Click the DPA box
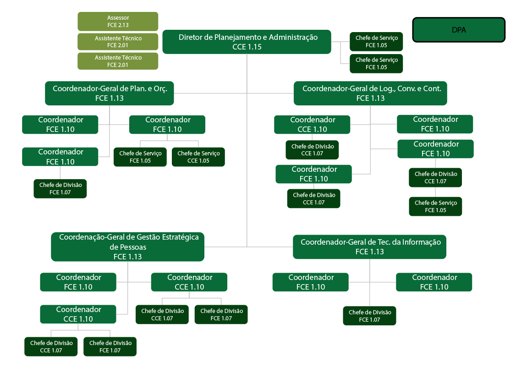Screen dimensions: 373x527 pyautogui.click(x=459, y=30)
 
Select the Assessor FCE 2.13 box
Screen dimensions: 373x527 pyautogui.click(x=118, y=22)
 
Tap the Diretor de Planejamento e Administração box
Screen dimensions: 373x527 pyautogui.click(x=247, y=42)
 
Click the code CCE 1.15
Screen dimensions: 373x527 pyautogui.click(x=247, y=47)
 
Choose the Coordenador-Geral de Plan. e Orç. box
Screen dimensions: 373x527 pyautogui.click(x=109, y=93)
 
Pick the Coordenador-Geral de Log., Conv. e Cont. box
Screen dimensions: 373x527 pyautogui.click(x=370, y=93)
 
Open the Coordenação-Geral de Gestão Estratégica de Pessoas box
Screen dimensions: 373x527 pyautogui.click(x=127, y=247)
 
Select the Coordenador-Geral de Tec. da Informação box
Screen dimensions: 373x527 pyautogui.click(x=369, y=247)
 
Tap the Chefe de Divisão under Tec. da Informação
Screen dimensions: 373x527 pyautogui.click(x=369, y=316)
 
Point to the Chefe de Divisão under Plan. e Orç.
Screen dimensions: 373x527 pyautogui.click(x=60, y=188)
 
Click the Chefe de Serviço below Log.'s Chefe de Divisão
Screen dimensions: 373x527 pyautogui.click(x=435, y=206)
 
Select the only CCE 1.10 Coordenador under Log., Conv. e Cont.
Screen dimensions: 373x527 pyautogui.click(x=313, y=124)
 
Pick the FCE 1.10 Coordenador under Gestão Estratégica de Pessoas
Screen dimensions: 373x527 pyautogui.click(x=77, y=282)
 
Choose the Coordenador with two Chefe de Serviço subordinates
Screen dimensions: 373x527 pyautogui.click(x=167, y=124)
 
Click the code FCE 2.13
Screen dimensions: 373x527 pyautogui.click(x=118, y=25)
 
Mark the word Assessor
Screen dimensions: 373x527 pyautogui.click(x=118, y=18)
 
